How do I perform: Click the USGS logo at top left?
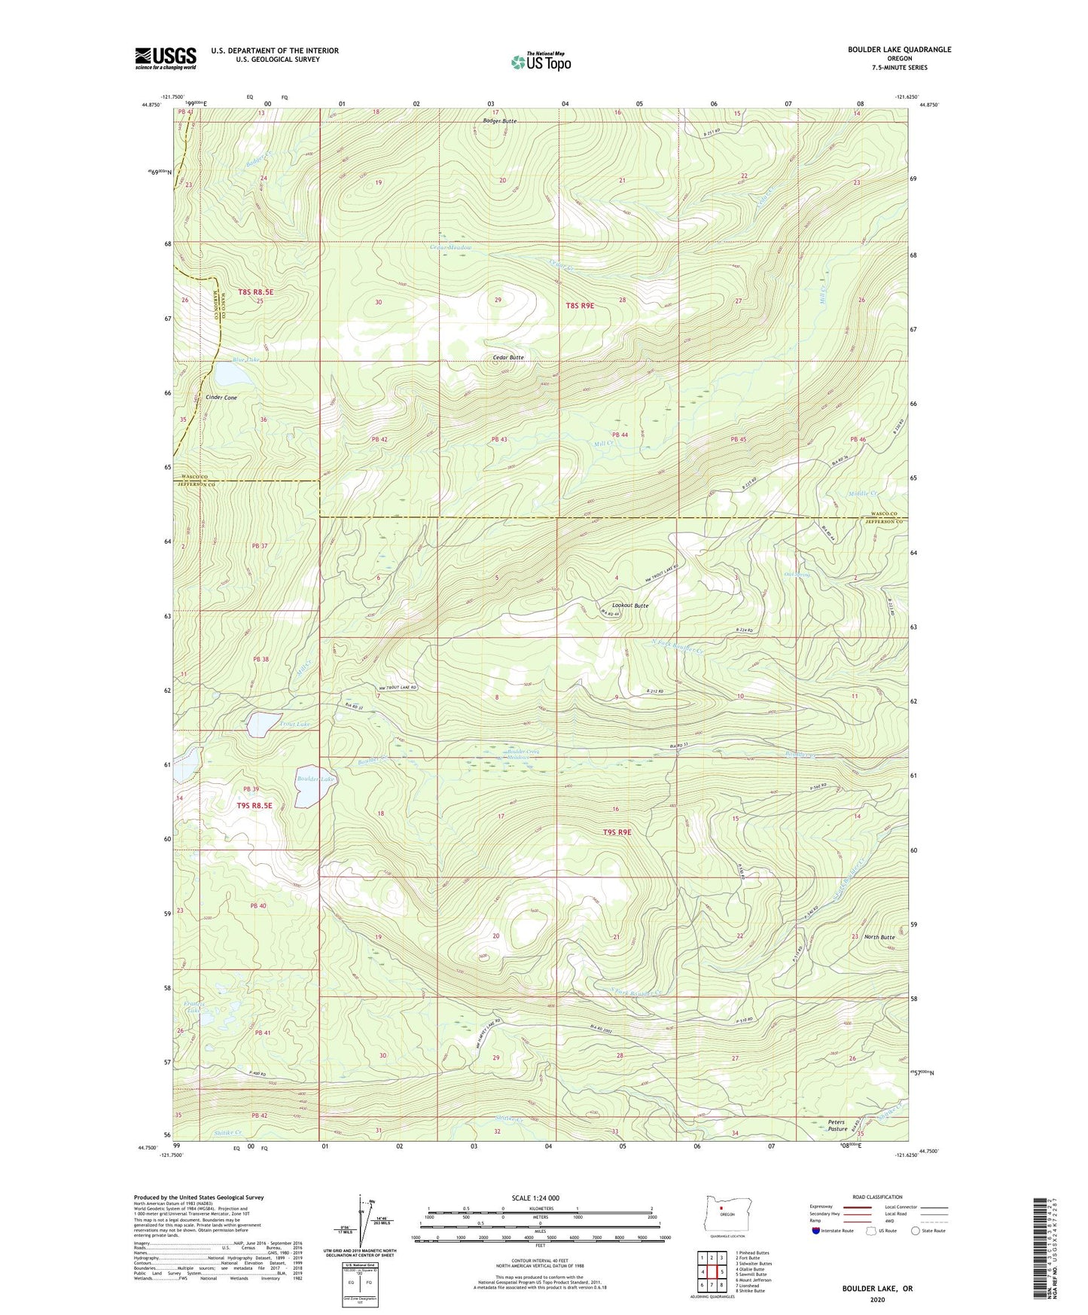(x=166, y=58)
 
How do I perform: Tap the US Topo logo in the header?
(x=540, y=62)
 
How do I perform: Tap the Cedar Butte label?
(x=507, y=357)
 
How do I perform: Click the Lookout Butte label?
(x=629, y=605)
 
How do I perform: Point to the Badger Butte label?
(x=500, y=121)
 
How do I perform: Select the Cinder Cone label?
(x=221, y=397)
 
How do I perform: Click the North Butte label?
(x=879, y=937)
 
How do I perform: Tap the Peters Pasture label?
(x=837, y=1125)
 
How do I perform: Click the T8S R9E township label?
(x=580, y=305)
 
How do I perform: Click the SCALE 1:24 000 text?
(x=535, y=1198)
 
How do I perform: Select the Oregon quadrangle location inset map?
(x=726, y=1213)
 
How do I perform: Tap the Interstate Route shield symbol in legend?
(x=816, y=1231)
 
